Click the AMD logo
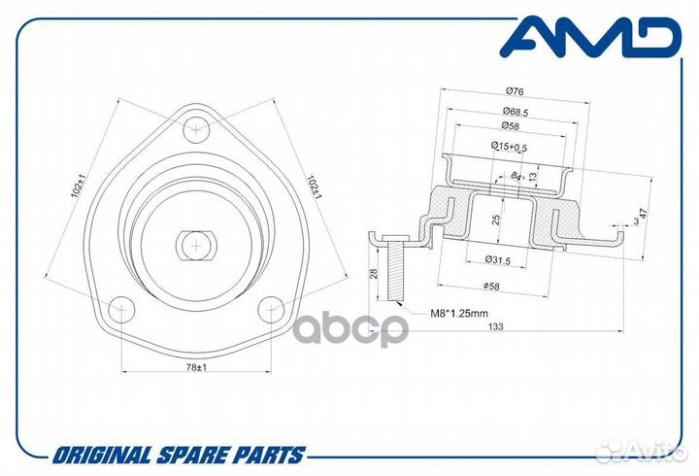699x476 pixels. coord(590,37)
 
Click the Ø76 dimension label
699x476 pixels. coord(515,91)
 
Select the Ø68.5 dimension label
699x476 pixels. coord(516,112)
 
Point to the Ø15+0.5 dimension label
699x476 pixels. coord(509,147)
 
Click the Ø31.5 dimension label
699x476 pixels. coord(497,259)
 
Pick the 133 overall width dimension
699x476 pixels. coord(496,326)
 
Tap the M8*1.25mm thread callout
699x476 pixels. coord(459,313)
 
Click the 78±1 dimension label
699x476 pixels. coord(196,367)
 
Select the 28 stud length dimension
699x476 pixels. coord(374,273)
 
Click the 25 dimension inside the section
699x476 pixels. coord(496,220)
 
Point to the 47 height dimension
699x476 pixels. coord(643,214)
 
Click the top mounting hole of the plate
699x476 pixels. coord(196,129)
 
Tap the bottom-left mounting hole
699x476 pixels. coord(121,309)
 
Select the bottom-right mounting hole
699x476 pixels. coord(271,309)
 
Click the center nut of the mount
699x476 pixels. coord(196,246)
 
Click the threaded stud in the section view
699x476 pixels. coord(395,268)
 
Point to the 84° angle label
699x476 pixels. coord(517,177)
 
